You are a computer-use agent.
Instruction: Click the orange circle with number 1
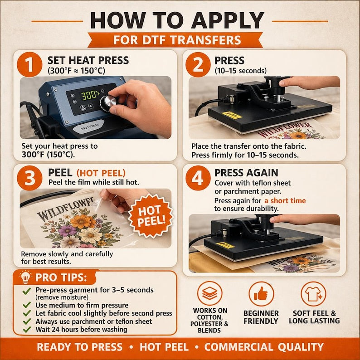[29, 64]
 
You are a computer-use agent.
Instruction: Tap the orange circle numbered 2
[198, 64]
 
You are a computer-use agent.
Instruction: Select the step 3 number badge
[29, 178]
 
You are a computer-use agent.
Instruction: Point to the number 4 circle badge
[198, 178]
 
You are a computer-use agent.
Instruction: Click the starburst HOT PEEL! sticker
[151, 215]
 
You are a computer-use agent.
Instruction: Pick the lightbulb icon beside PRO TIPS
[25, 277]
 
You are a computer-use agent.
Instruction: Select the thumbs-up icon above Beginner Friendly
[261, 294]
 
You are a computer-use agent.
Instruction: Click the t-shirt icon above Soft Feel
[313, 294]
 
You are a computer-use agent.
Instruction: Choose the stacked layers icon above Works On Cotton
[209, 293]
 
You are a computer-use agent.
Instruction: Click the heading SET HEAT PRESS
[88, 60]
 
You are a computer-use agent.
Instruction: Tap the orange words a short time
[285, 201]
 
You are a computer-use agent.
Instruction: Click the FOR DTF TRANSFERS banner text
[177, 40]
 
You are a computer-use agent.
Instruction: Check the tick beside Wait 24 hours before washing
[27, 330]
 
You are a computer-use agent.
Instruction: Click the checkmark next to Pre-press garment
[27, 291]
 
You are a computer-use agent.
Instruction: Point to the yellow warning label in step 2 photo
[232, 115]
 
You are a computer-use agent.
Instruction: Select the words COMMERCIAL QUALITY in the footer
[264, 347]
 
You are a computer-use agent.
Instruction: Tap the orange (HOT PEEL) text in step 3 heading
[101, 173]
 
